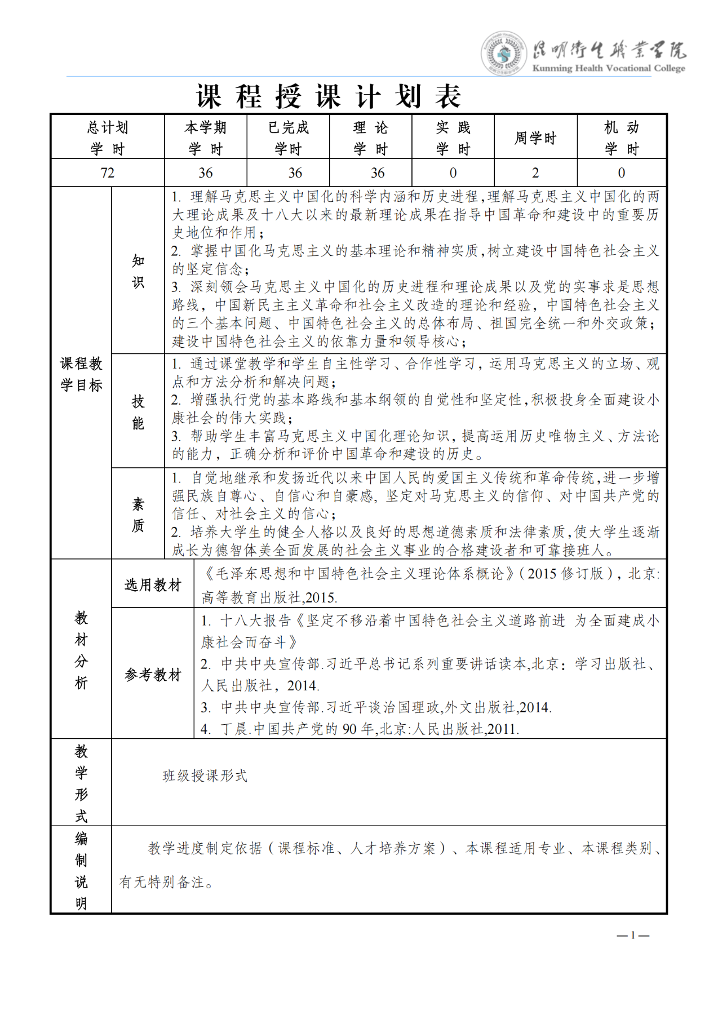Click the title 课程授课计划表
click(x=329, y=96)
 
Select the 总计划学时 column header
click(x=108, y=138)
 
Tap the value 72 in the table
click(x=108, y=173)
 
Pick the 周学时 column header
click(x=535, y=138)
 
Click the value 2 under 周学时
click(x=535, y=173)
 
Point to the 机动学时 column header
click(x=621, y=138)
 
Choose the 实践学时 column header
click(x=453, y=138)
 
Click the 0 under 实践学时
click(x=453, y=173)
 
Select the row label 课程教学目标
click(x=81, y=374)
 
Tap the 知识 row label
click(x=138, y=271)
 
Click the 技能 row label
click(x=138, y=412)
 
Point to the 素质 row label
click(x=138, y=515)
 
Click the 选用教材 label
click(x=153, y=585)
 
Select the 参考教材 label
click(x=153, y=674)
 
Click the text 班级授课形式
click(x=205, y=776)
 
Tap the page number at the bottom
click(x=633, y=935)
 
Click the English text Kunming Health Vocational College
click(x=609, y=69)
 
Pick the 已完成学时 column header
click(x=288, y=138)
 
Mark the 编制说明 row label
click(x=81, y=871)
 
